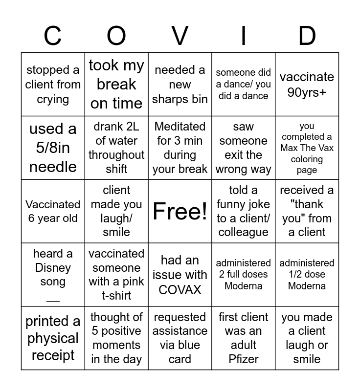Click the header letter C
pos(52,36)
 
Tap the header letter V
pos(180,36)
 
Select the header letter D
pos(307,36)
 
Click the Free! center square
pos(180,211)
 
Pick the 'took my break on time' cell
pos(116,84)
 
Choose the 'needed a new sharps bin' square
pos(180,84)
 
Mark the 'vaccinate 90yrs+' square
pos(307,84)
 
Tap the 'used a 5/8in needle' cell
pos(53,148)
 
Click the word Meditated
pos(180,127)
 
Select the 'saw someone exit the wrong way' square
pos(244,148)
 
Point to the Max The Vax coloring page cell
pos(307,148)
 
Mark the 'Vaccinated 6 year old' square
pos(53,211)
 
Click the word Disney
pos(53,268)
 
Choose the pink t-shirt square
pos(116,275)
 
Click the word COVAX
pos(180,289)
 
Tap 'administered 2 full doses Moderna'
pos(244,275)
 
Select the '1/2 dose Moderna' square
pos(307,275)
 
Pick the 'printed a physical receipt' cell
pos(53,338)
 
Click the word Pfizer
pos(244,359)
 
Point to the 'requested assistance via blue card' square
pos(180,338)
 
